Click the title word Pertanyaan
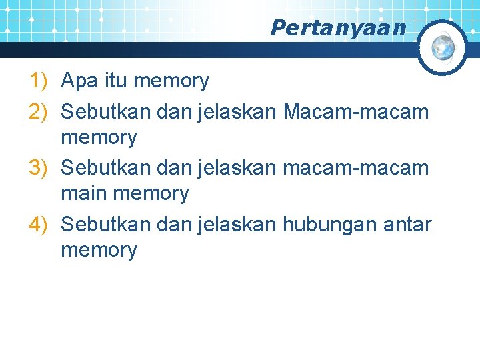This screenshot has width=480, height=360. tap(338, 28)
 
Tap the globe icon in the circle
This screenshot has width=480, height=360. tap(443, 47)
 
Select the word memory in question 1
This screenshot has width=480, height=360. tap(171, 81)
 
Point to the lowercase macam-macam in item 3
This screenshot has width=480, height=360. tap(356, 167)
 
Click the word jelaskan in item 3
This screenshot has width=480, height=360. tap(237, 167)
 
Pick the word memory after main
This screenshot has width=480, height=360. tap(151, 194)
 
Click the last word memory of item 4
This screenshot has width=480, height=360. tap(99, 251)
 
